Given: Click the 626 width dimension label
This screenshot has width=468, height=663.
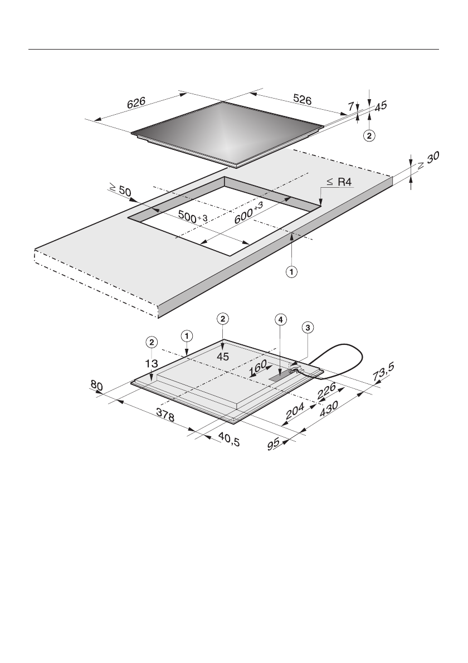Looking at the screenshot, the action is click(136, 103).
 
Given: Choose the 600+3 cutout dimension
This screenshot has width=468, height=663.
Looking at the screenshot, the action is click(248, 213).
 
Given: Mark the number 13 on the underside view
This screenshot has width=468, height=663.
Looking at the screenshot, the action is click(150, 363).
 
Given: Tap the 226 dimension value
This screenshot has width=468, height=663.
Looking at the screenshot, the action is click(326, 389).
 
